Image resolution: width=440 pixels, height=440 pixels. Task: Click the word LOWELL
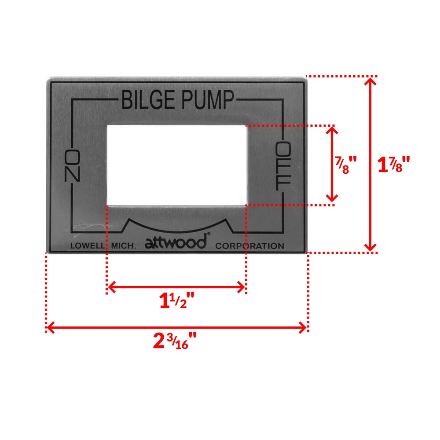point(87,246)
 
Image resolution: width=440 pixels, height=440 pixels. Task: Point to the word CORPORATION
point(249,246)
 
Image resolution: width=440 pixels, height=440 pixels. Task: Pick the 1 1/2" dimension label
point(176,302)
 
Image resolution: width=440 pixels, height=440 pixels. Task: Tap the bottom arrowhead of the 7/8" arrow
point(332,198)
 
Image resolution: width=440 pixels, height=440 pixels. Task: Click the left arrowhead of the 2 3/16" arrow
point(51,327)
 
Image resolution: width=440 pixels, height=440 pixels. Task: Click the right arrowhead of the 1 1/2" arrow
point(241,288)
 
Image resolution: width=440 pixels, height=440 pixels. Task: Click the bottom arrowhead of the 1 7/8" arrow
point(372,248)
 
